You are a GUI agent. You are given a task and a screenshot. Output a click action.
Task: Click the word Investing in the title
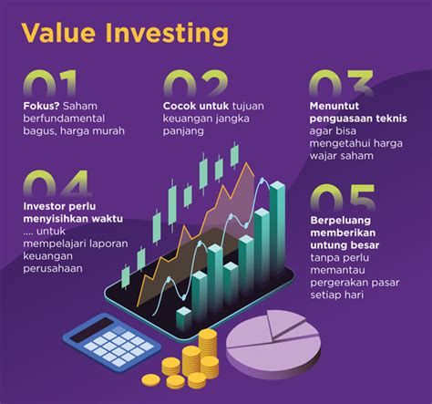(x=167, y=34)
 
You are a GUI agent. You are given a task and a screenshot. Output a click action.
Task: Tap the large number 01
(x=49, y=83)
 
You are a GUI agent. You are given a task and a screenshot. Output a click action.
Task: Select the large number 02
(x=195, y=83)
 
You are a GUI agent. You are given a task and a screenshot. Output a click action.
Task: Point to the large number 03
(x=342, y=83)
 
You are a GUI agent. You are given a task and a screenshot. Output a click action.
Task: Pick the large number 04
(x=57, y=183)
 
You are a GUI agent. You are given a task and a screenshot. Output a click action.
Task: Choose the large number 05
(x=343, y=198)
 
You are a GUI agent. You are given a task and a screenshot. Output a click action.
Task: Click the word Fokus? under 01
(x=41, y=106)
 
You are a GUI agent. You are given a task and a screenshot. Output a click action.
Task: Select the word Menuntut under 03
(x=334, y=106)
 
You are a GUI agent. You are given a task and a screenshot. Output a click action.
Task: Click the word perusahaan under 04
(x=53, y=269)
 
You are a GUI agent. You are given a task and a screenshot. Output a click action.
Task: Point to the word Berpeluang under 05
(x=341, y=221)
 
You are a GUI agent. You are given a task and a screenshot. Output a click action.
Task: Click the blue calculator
(x=111, y=342)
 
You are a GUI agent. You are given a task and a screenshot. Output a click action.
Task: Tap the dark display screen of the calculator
(x=91, y=330)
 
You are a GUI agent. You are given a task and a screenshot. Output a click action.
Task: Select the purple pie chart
(x=273, y=344)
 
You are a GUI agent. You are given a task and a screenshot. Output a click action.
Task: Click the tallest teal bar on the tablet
(x=277, y=231)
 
